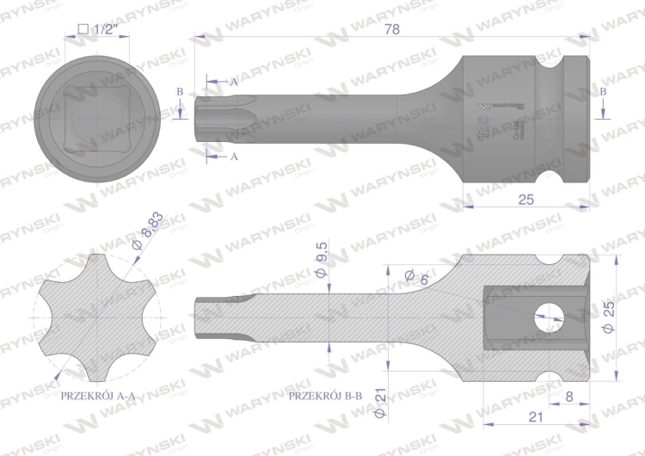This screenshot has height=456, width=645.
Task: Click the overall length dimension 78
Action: [x=393, y=28]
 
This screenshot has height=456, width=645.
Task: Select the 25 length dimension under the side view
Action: [x=527, y=199]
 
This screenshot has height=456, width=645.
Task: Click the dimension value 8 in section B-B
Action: [x=569, y=397]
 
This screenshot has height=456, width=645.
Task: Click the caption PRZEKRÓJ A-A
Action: [x=96, y=397]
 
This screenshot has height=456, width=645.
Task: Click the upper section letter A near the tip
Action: [x=233, y=81]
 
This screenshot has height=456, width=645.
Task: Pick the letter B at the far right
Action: [x=603, y=90]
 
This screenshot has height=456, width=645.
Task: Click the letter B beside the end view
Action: [x=180, y=90]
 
